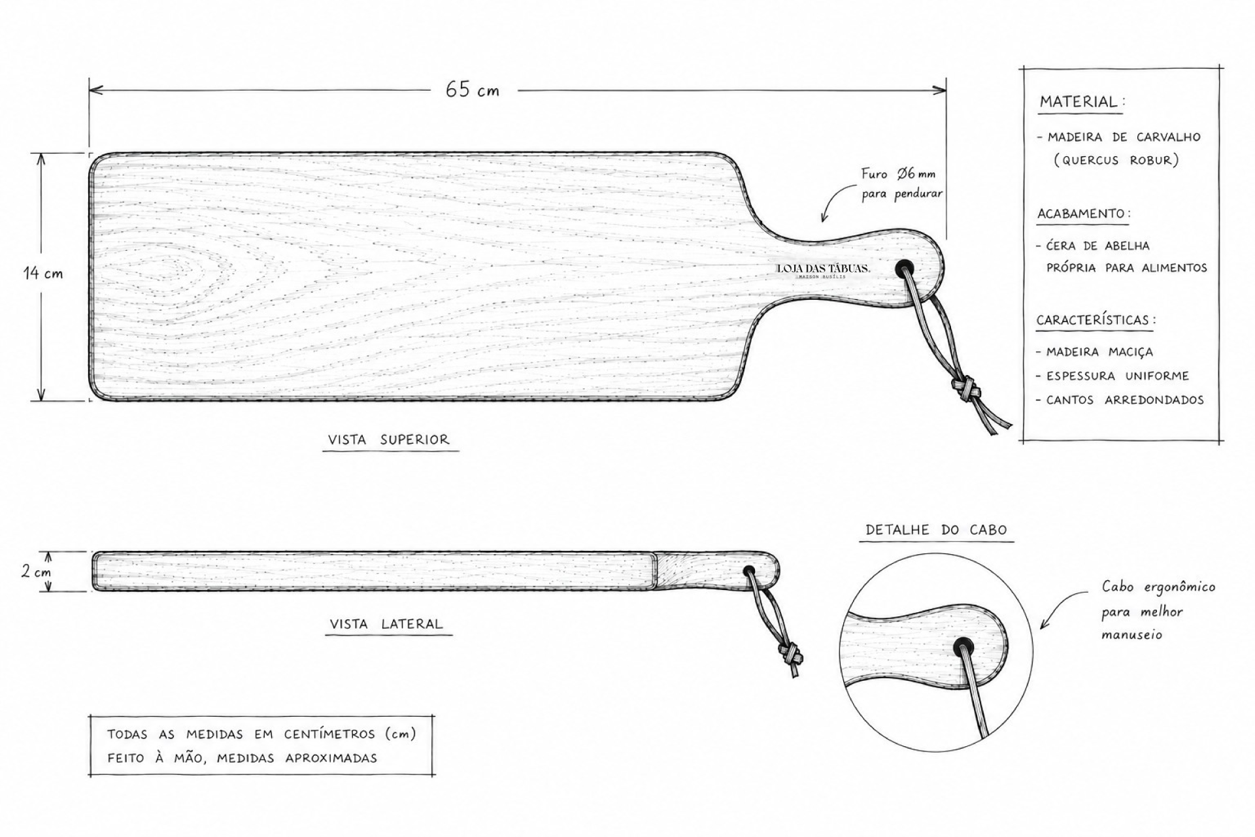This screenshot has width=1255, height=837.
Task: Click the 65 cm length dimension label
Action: (472, 90)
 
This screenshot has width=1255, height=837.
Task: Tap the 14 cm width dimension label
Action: (44, 273)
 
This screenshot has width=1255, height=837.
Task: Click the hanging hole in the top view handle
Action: (905, 268)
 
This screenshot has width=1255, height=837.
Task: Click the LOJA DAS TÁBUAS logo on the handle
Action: (823, 271)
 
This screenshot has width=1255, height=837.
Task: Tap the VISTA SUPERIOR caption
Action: (389, 440)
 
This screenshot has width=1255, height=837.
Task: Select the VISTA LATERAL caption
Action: (386, 624)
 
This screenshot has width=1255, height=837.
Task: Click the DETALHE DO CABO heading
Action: (936, 530)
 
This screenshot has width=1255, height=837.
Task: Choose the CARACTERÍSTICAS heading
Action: (1096, 320)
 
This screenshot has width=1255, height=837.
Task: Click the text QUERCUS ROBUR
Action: (1116, 160)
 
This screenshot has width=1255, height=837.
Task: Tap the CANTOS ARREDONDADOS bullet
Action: (1124, 400)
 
